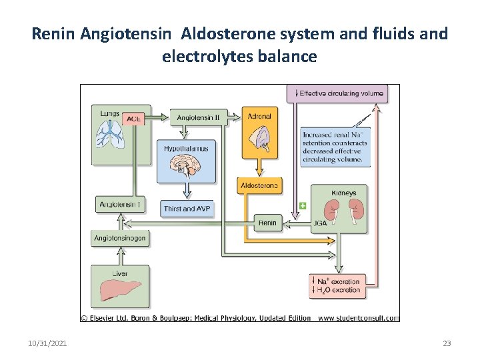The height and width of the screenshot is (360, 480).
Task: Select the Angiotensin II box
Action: click(x=198, y=117)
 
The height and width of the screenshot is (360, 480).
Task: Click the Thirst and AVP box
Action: click(x=187, y=209)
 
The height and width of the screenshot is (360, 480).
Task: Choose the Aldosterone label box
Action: click(x=259, y=185)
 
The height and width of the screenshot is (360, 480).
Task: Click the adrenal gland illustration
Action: click(x=259, y=138)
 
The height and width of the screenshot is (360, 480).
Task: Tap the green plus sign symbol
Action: click(x=302, y=206)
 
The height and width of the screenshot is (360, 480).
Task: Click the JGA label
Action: click(x=320, y=223)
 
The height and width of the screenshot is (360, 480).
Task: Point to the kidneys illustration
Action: click(x=348, y=209)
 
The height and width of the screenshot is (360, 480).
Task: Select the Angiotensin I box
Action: click(x=120, y=205)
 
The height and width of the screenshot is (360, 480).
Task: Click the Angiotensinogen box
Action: click(x=120, y=238)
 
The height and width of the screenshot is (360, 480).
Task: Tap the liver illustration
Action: click(x=120, y=293)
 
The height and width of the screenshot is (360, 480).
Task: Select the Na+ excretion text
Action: click(x=338, y=281)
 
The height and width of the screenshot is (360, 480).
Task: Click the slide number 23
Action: click(x=447, y=343)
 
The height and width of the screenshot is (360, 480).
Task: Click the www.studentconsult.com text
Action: click(x=359, y=318)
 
